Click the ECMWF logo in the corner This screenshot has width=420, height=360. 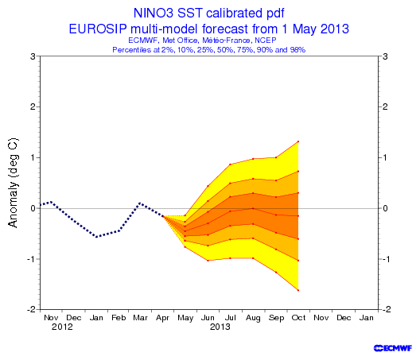point(393,348)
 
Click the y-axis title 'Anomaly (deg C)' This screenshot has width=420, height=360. point(13,183)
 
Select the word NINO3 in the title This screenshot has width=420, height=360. point(154,13)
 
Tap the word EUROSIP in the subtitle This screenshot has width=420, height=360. point(98,29)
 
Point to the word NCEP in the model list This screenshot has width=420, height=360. point(266,41)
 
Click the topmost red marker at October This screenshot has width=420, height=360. point(298,141)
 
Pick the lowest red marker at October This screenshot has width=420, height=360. point(298,290)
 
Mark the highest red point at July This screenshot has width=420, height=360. point(230,165)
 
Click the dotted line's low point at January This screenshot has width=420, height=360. point(96,237)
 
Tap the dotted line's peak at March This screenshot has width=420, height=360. point(140,203)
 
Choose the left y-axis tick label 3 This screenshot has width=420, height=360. point(33,56)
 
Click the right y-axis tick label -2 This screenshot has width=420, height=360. point(385,309)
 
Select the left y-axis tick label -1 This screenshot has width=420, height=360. point(32,259)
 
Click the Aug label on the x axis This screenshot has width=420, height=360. point(253,318)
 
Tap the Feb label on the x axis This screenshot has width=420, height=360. point(119,317)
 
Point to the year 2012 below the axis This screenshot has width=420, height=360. point(62,327)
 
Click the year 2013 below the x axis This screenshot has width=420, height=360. point(220,327)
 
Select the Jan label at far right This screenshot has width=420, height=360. point(366,317)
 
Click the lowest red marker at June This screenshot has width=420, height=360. point(208,261)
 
